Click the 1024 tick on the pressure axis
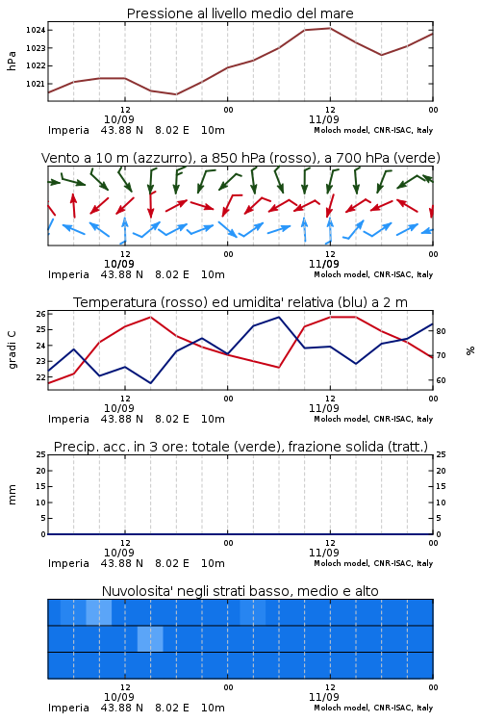(x=35, y=31)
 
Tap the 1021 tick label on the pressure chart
(x=35, y=84)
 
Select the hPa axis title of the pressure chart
(x=12, y=61)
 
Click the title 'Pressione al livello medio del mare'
(x=240, y=13)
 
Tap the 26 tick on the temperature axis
(x=41, y=314)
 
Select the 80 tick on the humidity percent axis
(x=441, y=331)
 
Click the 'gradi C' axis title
(x=13, y=350)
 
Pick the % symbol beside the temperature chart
(x=470, y=350)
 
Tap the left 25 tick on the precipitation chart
(x=41, y=454)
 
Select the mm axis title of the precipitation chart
(x=13, y=495)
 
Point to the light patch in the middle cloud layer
(x=150, y=638)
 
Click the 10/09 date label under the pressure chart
(x=119, y=119)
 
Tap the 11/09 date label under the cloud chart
(x=324, y=697)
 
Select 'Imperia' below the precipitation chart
(x=68, y=563)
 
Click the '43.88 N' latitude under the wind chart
(x=122, y=275)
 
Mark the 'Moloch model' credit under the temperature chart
(x=342, y=419)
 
